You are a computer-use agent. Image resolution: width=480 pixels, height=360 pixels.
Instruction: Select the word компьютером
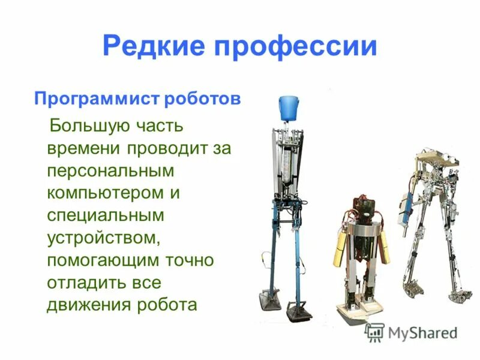point(106,193)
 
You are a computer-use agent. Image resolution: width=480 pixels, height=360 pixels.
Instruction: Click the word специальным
point(106,215)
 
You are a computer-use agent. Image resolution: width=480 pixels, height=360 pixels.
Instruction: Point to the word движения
point(87,304)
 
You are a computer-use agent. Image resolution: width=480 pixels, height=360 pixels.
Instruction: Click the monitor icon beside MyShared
point(375,332)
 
